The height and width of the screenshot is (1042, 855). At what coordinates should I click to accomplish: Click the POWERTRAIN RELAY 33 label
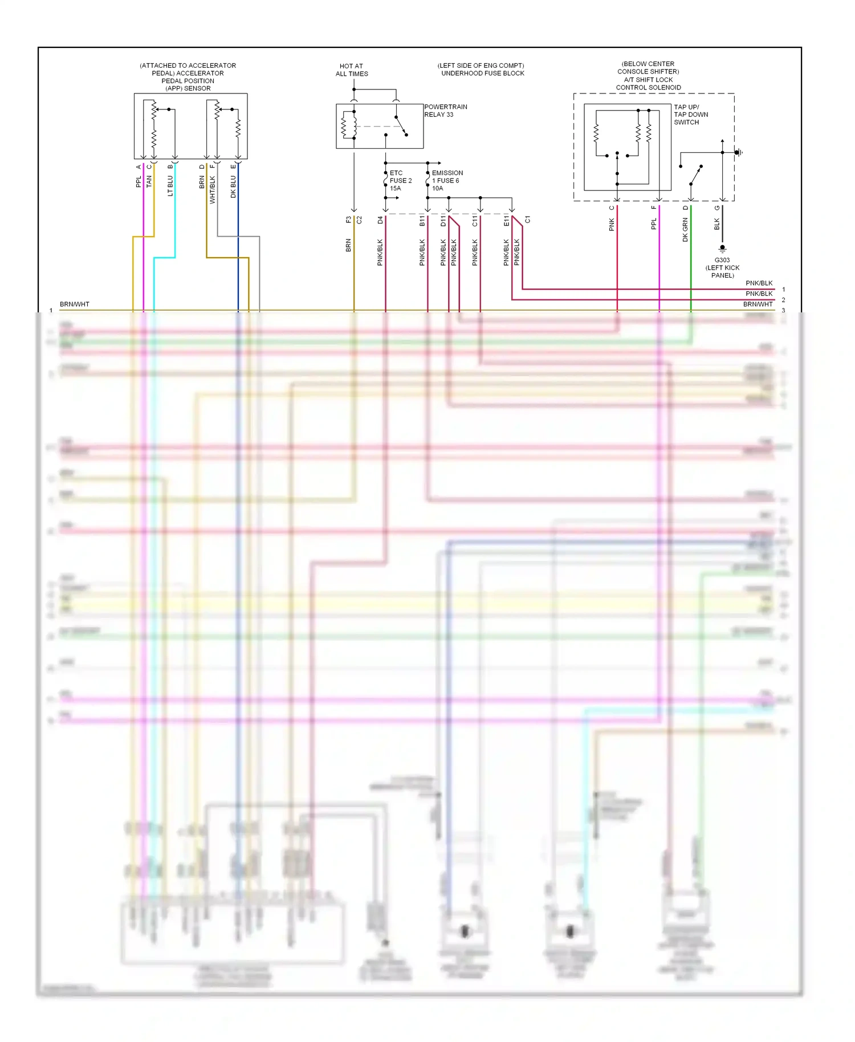click(x=445, y=111)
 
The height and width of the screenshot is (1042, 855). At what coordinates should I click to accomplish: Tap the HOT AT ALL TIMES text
click(x=352, y=70)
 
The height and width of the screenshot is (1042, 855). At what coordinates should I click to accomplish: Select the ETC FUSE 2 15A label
click(x=400, y=181)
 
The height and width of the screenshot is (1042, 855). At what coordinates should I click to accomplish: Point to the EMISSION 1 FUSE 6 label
click(x=447, y=181)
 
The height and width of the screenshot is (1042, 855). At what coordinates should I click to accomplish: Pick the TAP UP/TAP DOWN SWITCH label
click(x=690, y=115)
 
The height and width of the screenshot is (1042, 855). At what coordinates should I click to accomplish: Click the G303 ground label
click(x=722, y=267)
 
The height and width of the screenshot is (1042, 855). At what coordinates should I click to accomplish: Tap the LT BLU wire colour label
click(x=170, y=186)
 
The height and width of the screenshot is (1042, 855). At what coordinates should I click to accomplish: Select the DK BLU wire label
click(x=233, y=187)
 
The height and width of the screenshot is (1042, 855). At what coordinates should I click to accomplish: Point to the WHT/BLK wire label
click(x=213, y=190)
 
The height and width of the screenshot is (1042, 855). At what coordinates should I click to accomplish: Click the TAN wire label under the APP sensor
click(x=149, y=182)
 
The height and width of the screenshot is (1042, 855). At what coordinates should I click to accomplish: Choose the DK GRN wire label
click(x=685, y=230)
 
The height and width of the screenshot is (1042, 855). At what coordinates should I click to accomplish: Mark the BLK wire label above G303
click(x=717, y=225)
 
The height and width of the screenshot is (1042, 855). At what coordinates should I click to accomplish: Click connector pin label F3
click(x=348, y=219)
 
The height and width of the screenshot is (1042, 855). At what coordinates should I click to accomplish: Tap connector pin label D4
click(x=380, y=219)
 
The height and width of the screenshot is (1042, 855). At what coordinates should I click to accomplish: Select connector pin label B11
click(x=422, y=221)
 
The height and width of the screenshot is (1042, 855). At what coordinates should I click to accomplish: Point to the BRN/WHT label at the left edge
click(x=75, y=304)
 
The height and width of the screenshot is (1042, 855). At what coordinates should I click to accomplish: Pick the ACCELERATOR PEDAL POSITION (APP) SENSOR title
click(x=188, y=77)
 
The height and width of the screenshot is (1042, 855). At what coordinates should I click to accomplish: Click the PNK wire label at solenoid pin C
click(x=612, y=225)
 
